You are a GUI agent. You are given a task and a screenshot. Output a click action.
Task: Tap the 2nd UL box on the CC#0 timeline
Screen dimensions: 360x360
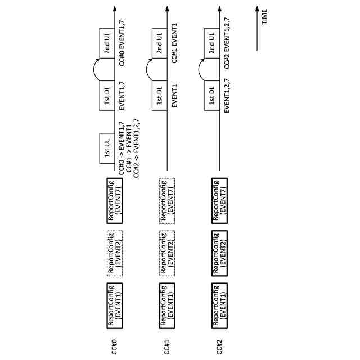click(107, 43)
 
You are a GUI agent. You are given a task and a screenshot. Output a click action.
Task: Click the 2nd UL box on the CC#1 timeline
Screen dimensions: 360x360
click(160, 43)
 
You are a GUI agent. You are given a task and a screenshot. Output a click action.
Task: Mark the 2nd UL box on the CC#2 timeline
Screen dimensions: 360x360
click(212, 43)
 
